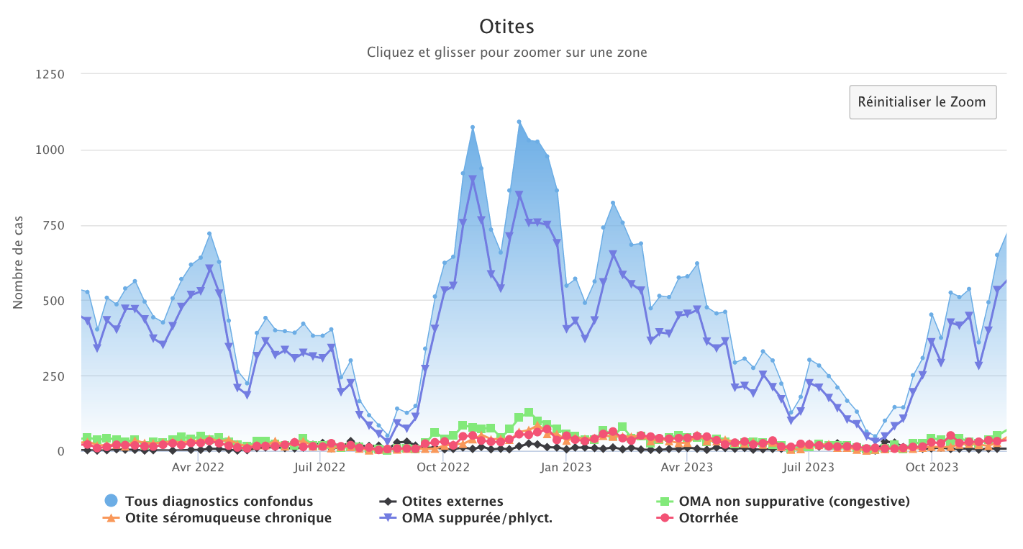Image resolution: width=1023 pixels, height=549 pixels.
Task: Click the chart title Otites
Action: click(506, 27)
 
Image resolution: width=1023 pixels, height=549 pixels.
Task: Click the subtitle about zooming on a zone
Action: click(506, 53)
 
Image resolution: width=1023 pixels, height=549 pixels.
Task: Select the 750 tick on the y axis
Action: click(53, 225)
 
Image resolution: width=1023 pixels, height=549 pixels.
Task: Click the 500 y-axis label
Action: click(53, 301)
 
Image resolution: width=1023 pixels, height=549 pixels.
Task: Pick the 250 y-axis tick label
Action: click(53, 376)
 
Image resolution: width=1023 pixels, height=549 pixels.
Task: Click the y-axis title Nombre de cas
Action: click(18, 263)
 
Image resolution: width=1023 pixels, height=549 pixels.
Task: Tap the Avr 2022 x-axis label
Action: click(199, 468)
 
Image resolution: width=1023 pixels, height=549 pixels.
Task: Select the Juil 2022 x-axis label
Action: click(321, 468)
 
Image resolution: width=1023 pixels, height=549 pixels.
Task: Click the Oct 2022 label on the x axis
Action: click(443, 468)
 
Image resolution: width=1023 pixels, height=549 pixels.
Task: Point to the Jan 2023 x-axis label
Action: click(567, 468)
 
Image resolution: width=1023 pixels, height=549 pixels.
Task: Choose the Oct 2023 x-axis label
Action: click(932, 468)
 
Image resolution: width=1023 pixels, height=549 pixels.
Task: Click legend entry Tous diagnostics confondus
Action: click(219, 502)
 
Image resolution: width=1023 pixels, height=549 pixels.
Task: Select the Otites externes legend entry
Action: click(453, 502)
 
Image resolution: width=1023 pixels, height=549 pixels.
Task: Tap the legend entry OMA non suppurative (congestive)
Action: click(794, 502)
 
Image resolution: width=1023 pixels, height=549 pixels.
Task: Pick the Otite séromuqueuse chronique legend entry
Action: click(228, 518)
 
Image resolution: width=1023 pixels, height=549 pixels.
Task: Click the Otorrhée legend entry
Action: click(709, 518)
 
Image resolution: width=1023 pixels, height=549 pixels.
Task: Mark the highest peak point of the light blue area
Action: click(519, 122)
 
